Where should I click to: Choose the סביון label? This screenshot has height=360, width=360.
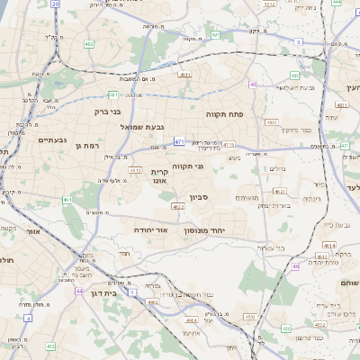pos(198,196)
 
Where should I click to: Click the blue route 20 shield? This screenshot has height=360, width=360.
pos(55,4)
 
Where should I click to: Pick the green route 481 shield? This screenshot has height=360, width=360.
pos(113,94)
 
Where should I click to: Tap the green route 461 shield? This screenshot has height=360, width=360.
pos(67,199)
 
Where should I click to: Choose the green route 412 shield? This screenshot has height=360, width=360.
pos(50,346)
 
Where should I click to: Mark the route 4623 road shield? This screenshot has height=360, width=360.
pos(177,207)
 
